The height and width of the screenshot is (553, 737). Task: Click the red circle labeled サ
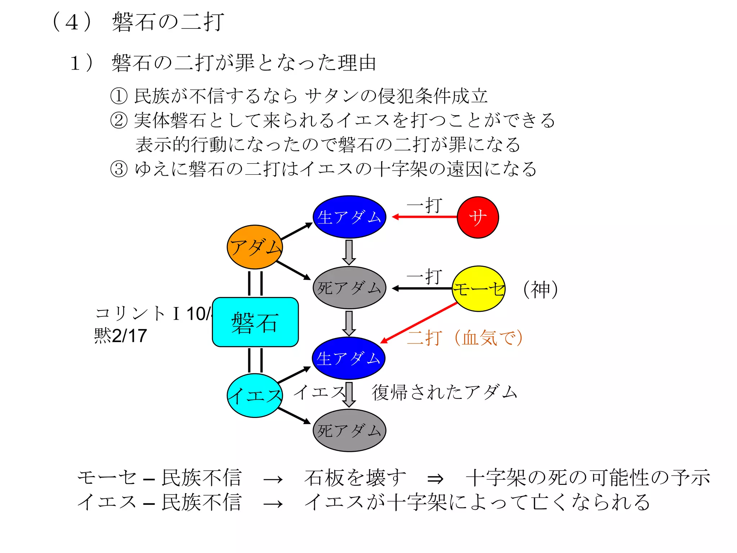pos(478,217)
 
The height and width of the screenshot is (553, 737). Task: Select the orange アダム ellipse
pos(255,247)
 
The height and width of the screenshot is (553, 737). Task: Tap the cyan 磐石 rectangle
pos(255,322)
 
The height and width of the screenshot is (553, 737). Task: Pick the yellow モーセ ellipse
pos(478,289)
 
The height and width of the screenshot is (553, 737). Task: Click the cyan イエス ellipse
pos(255,396)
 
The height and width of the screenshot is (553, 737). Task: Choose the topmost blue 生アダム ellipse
pos(349,217)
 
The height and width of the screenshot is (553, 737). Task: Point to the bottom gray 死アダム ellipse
pos(349,431)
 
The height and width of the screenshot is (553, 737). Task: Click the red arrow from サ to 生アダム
pos(425,217)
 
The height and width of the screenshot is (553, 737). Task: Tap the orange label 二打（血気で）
pos(464,338)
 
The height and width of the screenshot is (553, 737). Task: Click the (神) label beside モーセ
pos(540,289)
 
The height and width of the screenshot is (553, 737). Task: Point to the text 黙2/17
pos(120,336)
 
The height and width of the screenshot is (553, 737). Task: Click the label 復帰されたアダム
pos(444,392)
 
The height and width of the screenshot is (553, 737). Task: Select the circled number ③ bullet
pos(119,169)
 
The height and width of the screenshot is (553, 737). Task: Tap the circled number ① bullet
pos(119,96)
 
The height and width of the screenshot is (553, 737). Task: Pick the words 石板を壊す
pos(355,478)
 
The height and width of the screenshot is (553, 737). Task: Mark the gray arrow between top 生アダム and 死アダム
pos(349,252)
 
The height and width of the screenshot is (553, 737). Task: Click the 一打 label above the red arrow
pos(425,205)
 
